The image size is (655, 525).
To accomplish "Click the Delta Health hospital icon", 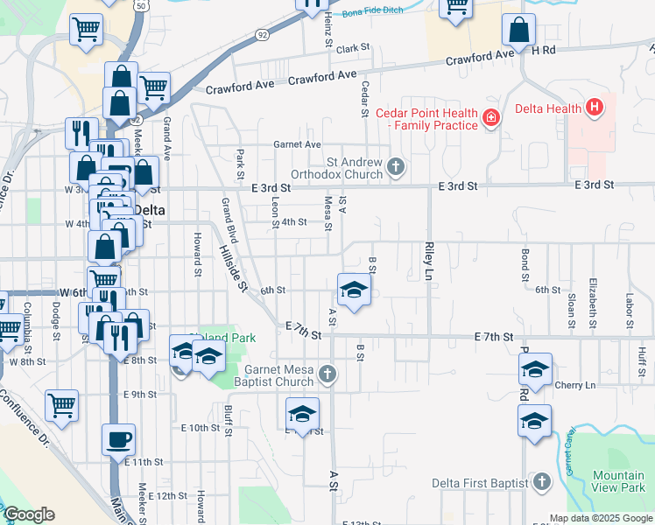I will tap(595, 108).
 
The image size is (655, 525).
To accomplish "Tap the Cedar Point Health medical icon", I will tap(490, 118).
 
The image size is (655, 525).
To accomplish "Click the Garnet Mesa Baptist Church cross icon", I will tap(327, 375).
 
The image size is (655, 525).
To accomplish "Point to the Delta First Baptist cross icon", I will tap(542, 482).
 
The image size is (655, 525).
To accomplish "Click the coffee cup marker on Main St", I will tap(118, 440).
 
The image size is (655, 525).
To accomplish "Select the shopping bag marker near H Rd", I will tap(518, 31).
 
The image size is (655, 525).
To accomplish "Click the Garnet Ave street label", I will tap(297, 144).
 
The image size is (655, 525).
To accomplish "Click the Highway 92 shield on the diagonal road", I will tap(262, 34).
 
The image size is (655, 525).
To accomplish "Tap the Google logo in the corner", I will tap(30, 514).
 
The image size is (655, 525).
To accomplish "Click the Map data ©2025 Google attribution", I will tap(601, 518).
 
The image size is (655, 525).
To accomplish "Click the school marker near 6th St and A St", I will tap(353, 290).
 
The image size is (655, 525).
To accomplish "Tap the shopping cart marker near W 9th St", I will tap(61, 405).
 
